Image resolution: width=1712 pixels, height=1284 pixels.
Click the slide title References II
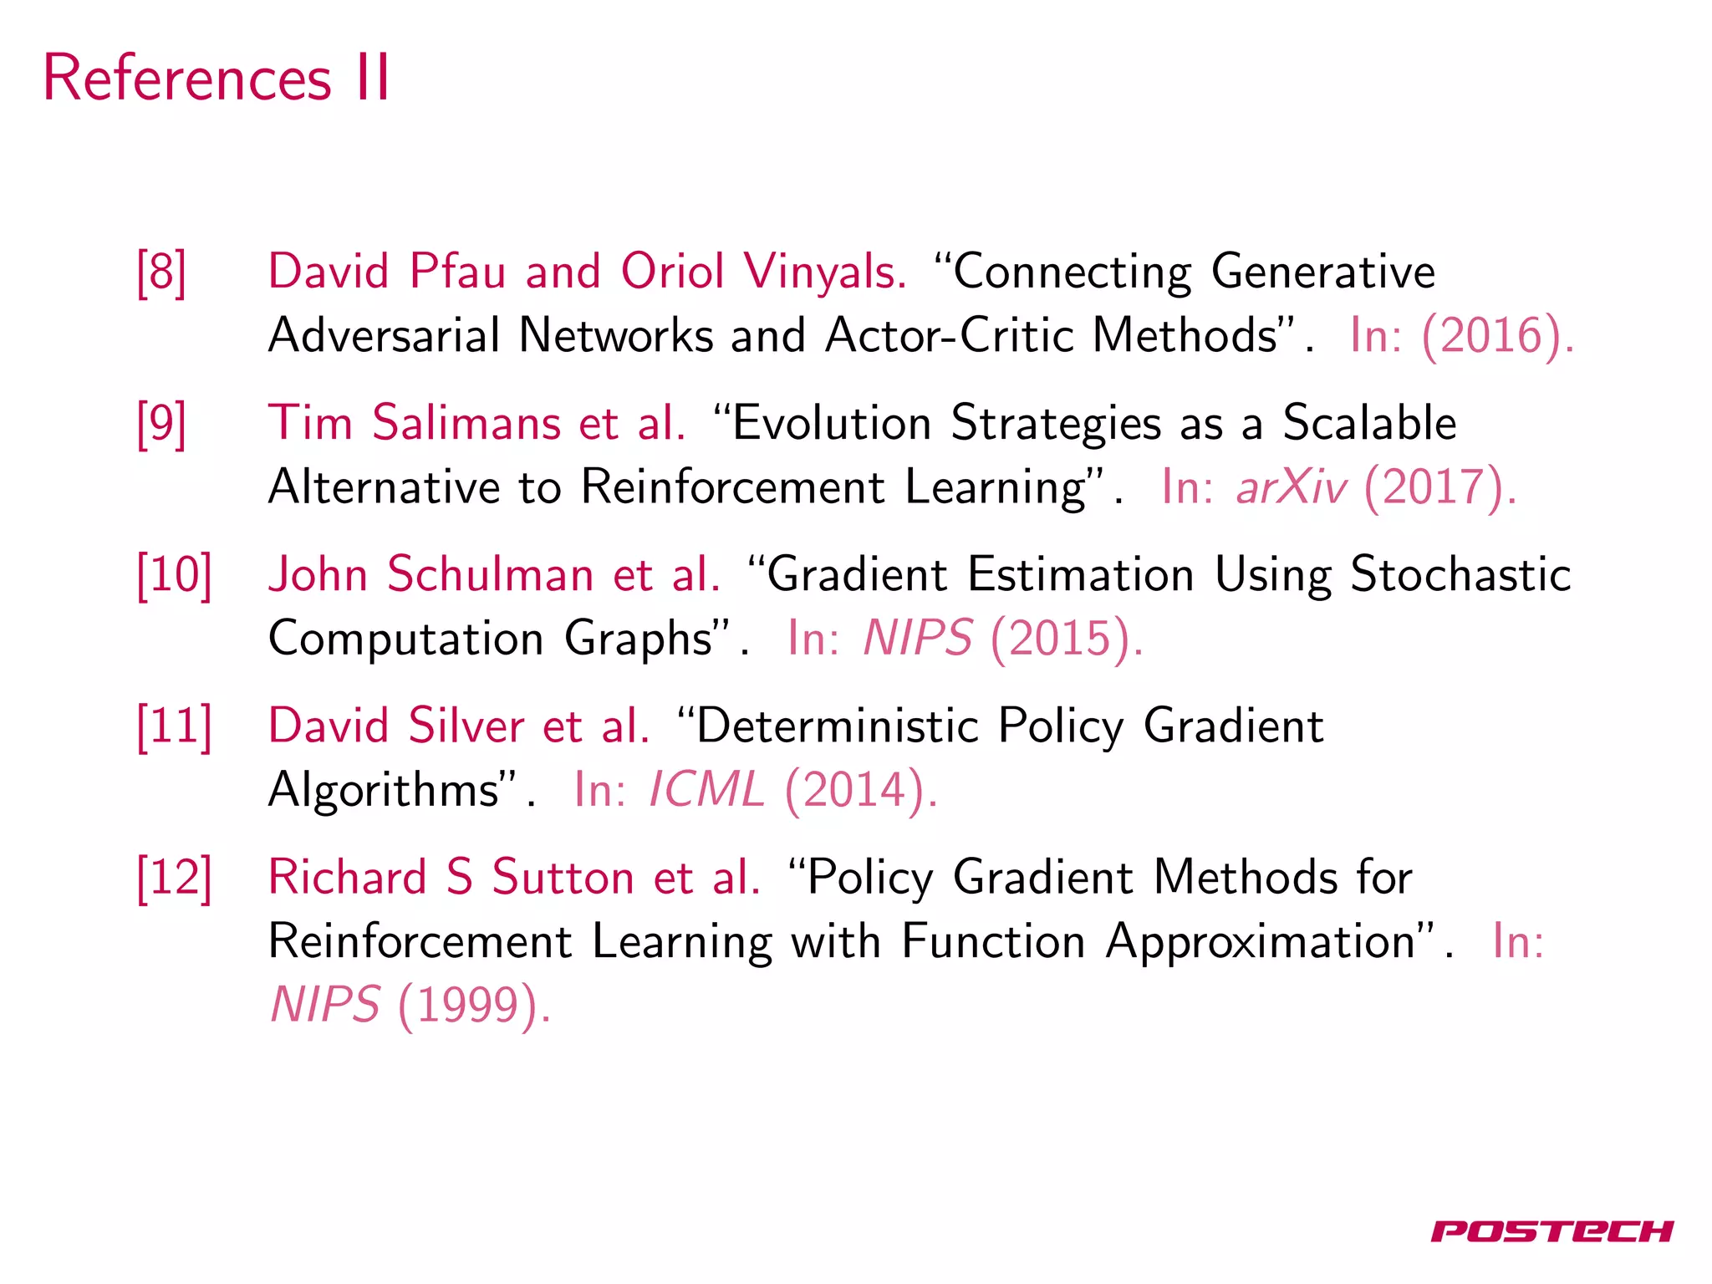tap(217, 79)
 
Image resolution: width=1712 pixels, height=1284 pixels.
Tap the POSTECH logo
tap(1551, 1230)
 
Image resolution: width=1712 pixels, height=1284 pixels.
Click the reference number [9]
tap(161, 423)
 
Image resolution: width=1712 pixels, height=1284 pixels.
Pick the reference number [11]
tap(174, 726)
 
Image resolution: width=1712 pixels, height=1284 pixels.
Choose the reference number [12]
tap(174, 878)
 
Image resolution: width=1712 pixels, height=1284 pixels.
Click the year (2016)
tap(1496, 336)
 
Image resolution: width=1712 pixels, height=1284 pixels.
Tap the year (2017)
tap(1439, 487)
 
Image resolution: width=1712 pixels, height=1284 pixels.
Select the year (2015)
tap(1065, 639)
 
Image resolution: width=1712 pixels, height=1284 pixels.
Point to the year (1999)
tap(473, 1005)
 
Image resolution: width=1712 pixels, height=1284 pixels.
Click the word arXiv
tap(1291, 487)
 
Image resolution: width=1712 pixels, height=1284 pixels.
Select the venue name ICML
tap(706, 790)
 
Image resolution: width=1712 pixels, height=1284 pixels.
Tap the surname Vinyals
tap(825, 273)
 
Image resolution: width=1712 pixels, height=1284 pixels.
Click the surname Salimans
tap(466, 423)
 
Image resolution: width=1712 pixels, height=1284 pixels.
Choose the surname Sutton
tap(563, 878)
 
